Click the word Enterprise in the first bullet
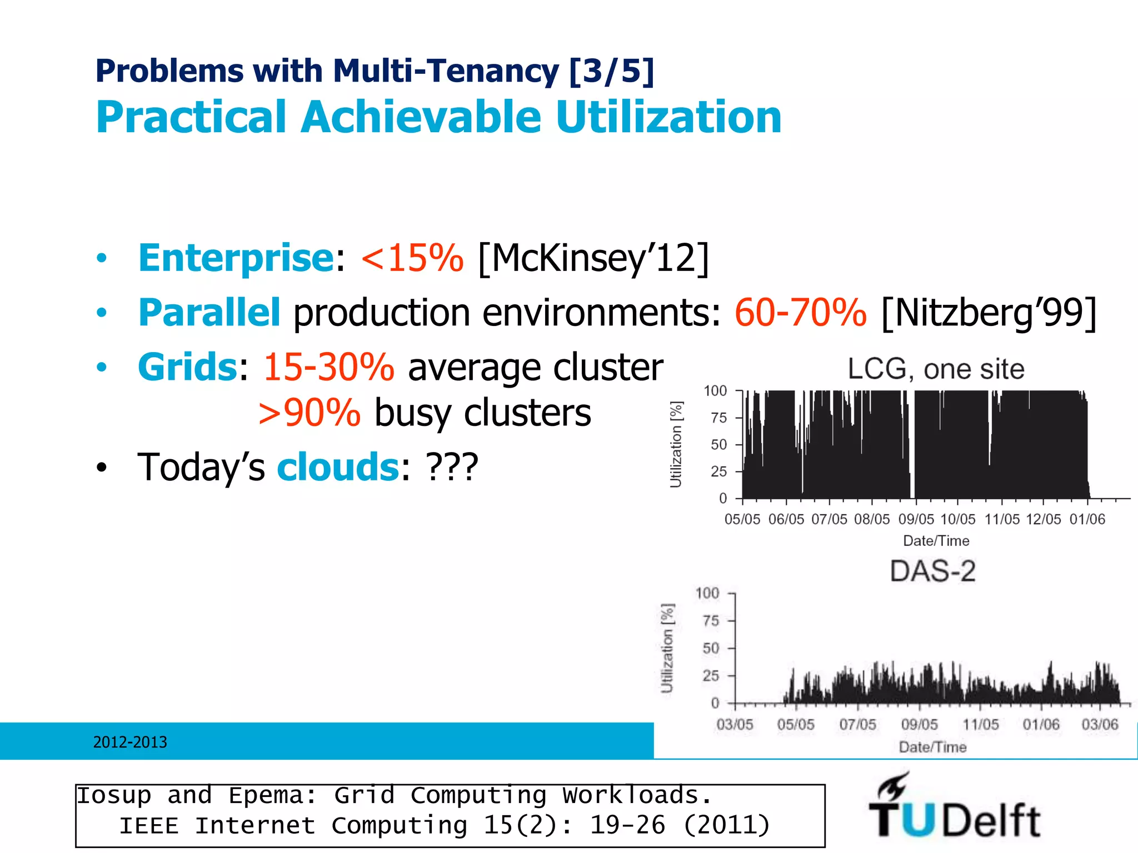click(236, 258)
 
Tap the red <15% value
click(412, 258)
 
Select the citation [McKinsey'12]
click(593, 258)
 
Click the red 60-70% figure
click(800, 312)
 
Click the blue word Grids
click(188, 367)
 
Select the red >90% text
click(310, 413)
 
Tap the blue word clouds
click(338, 467)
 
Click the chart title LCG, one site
click(936, 369)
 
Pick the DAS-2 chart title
click(932, 571)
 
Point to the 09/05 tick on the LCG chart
click(916, 519)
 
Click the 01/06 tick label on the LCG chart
click(1087, 519)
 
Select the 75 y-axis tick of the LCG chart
click(718, 418)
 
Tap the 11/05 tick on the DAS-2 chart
click(980, 725)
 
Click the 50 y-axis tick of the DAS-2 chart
click(711, 648)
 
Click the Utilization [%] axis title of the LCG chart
click(676, 444)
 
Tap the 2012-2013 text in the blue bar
click(130, 742)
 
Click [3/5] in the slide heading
click(612, 71)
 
